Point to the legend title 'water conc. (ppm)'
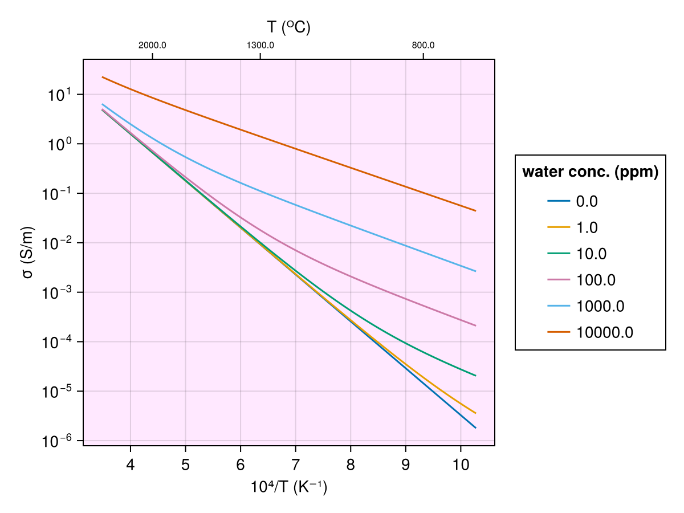point(591,172)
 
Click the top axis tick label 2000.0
point(152,46)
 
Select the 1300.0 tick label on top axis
point(260,46)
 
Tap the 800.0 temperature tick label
point(424,46)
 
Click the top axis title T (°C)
point(288,27)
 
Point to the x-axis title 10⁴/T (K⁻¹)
point(288,488)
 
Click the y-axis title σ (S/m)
point(27,253)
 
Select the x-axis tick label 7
point(295,465)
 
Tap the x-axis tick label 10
point(461,465)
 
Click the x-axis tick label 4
point(131,465)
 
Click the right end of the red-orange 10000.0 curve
point(475,211)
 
